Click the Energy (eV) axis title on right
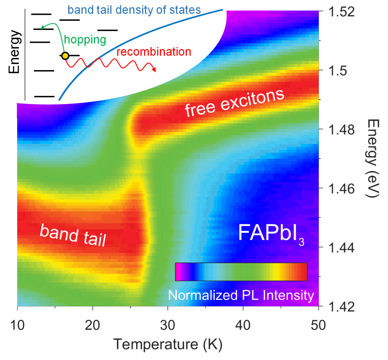(x=373, y=159)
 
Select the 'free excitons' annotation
(x=235, y=103)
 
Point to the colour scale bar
(x=241, y=272)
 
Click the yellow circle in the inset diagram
(x=65, y=56)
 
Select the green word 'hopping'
(x=84, y=39)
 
